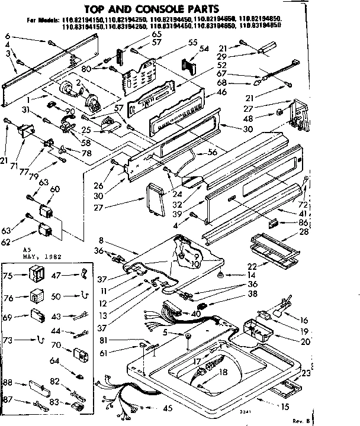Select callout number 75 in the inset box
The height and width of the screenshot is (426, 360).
pos(9,275)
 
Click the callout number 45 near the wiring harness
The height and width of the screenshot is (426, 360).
pos(168,408)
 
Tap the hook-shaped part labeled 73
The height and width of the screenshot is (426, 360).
pos(38,340)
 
